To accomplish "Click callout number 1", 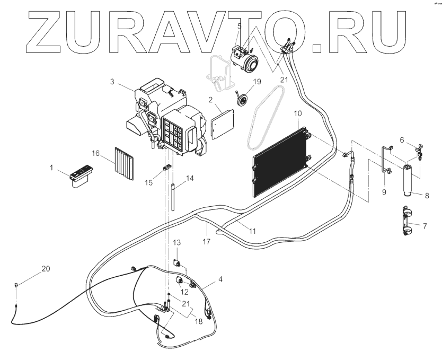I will coord(52,168).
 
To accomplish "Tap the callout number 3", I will coord(112,81).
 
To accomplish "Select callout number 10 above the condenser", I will coord(297,113).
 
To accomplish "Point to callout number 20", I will coord(46,269).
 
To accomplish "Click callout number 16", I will coord(96,153).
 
